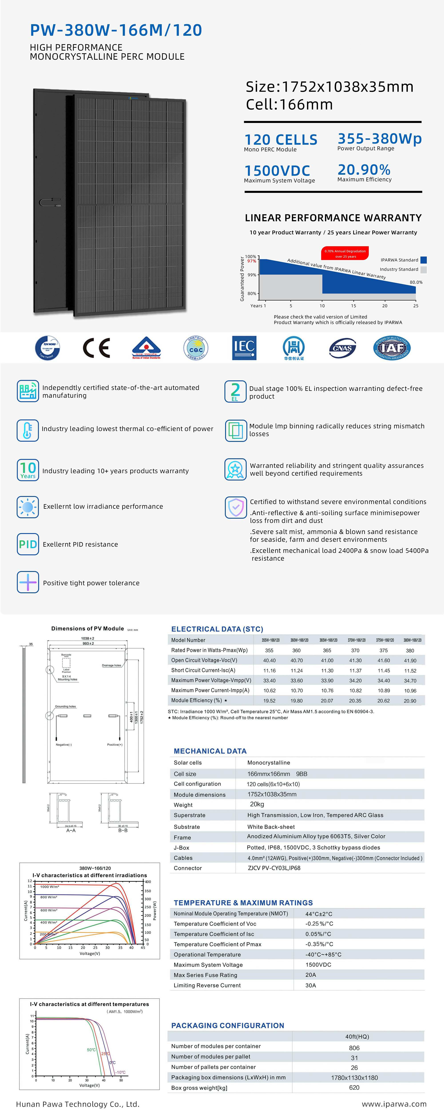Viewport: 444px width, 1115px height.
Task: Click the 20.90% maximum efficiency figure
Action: point(364,170)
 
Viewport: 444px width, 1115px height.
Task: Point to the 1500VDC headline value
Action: point(277,170)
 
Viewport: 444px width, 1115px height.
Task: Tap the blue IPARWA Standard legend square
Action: point(424,260)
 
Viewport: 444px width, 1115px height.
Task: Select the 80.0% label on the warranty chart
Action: point(416,282)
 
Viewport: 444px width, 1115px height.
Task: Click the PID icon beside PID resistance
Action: point(28,544)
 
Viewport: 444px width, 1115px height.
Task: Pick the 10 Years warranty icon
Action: point(28,470)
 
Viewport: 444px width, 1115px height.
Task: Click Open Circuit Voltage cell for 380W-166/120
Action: point(410,660)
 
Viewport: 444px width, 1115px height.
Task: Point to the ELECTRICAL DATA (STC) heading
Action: point(217,629)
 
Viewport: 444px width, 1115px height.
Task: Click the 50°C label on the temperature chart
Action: point(91,1050)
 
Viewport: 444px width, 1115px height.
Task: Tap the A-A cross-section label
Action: point(71,831)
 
